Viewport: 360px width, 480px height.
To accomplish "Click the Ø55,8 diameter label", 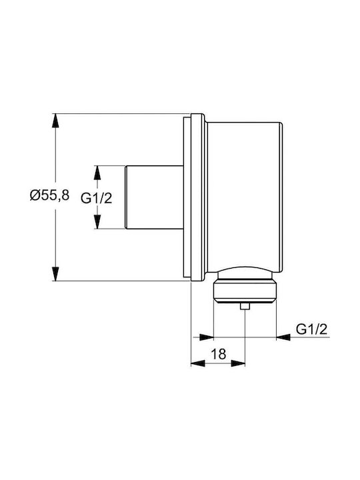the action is [49, 195].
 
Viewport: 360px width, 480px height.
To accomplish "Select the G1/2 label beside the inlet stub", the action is [97, 199].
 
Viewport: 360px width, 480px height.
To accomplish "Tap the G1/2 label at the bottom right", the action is [311, 329].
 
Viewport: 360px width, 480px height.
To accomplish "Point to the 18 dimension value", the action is [218, 354].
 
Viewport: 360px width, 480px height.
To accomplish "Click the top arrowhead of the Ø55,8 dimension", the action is [55, 120].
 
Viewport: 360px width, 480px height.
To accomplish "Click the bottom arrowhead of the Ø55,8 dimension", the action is [55, 274].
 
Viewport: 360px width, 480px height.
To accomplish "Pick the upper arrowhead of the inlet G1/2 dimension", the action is [97, 173].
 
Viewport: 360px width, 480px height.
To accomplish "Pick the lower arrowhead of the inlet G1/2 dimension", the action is [97, 221].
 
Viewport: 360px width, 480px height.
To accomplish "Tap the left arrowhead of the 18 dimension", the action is [198, 363].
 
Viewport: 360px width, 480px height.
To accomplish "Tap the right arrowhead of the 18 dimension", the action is [238, 363].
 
